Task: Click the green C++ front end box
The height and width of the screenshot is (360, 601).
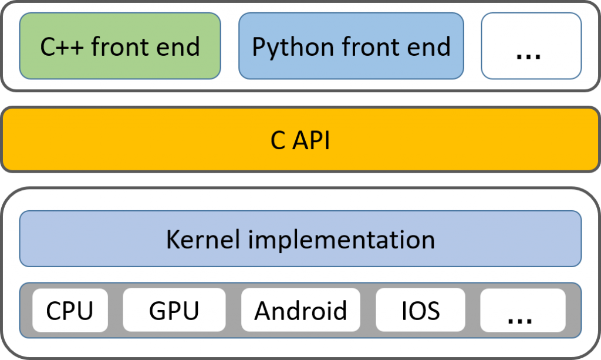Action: point(120,46)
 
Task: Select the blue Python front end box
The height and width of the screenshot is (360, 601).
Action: point(351,46)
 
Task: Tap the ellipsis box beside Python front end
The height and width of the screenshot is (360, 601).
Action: point(531,46)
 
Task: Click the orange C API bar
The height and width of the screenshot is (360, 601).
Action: point(300,139)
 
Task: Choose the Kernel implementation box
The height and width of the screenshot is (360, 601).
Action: point(300,239)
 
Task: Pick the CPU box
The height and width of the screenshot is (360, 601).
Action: point(70,310)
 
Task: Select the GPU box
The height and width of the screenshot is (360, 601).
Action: point(174,310)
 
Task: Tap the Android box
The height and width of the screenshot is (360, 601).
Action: point(300,310)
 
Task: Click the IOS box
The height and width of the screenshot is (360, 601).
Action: point(420,310)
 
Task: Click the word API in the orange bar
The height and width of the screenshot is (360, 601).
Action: point(312,140)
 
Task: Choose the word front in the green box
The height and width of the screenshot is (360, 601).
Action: point(121,46)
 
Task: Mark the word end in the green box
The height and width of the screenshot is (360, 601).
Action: point(180,46)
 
